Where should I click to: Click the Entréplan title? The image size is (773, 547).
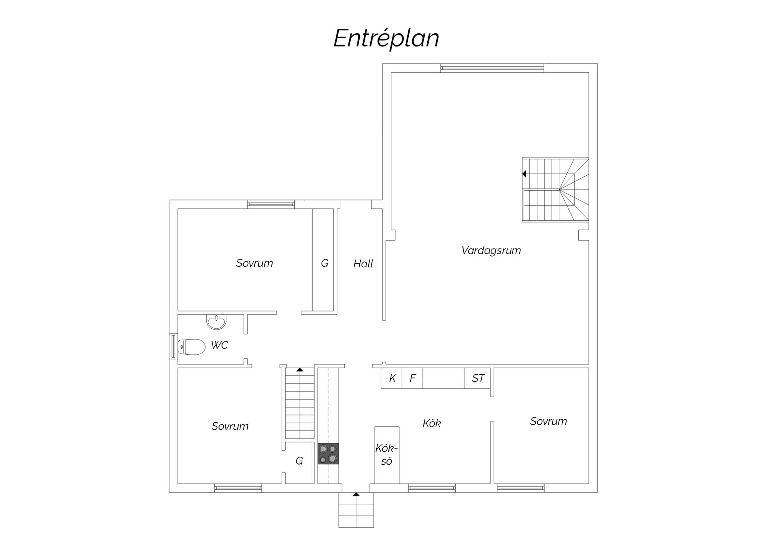386,39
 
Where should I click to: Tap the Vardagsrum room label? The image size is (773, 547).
491,250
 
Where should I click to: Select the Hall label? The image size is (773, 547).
363,264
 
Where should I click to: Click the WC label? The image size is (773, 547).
219,345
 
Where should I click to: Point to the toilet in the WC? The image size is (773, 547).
191,347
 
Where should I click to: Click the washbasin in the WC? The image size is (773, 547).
216,322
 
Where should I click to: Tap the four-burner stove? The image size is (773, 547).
328,454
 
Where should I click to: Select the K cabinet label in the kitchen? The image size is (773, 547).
393,378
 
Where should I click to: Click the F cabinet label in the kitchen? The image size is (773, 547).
413,378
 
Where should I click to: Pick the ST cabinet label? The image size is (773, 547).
478,378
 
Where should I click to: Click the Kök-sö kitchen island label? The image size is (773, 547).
386,455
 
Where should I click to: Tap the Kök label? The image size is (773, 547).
432,423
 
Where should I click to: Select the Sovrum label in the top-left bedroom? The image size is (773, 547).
254,263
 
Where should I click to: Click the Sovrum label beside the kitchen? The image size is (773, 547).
548,421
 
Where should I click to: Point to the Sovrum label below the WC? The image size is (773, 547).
230,426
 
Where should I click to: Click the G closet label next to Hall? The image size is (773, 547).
325,263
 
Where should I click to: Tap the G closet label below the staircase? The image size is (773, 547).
299,461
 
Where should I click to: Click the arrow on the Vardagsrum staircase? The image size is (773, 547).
524,174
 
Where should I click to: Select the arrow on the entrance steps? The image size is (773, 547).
356,494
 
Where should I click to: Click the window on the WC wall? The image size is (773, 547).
173,346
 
